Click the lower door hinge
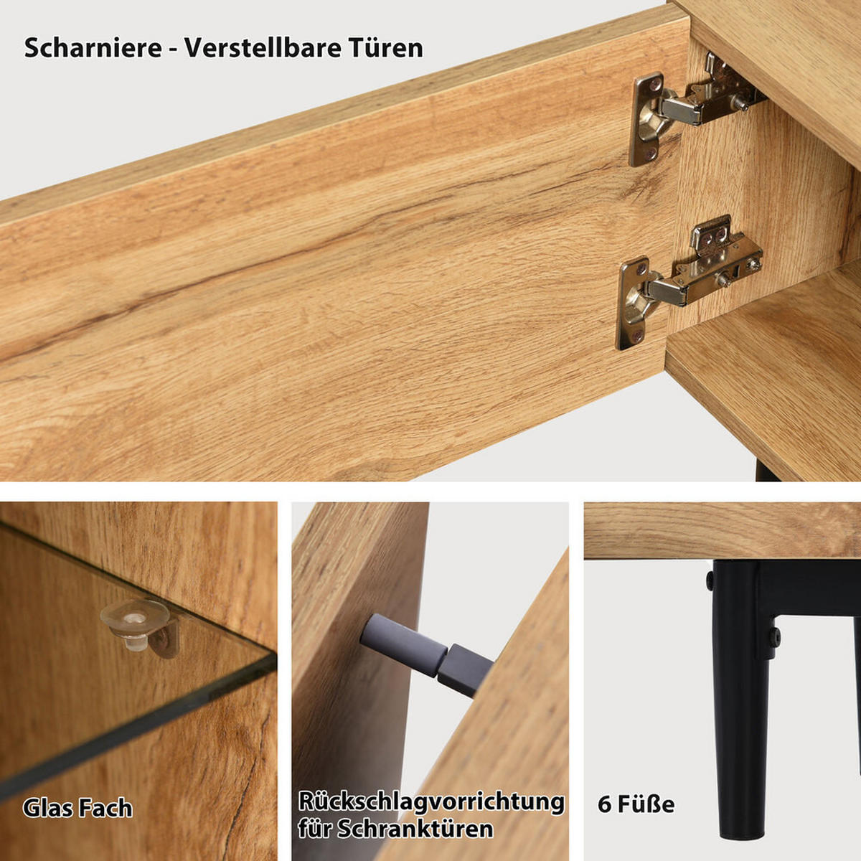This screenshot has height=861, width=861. pos(689,280)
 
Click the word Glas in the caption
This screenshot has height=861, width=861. pos(47,808)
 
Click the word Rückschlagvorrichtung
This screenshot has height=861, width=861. pos(431,801)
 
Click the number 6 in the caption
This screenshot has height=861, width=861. pos(604,804)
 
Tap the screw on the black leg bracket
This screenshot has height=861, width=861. pos(775,636)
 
